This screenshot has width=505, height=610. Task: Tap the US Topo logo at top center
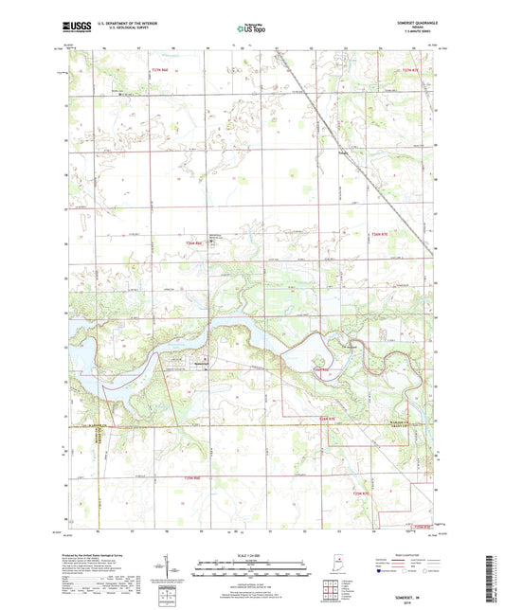pos(251,30)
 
